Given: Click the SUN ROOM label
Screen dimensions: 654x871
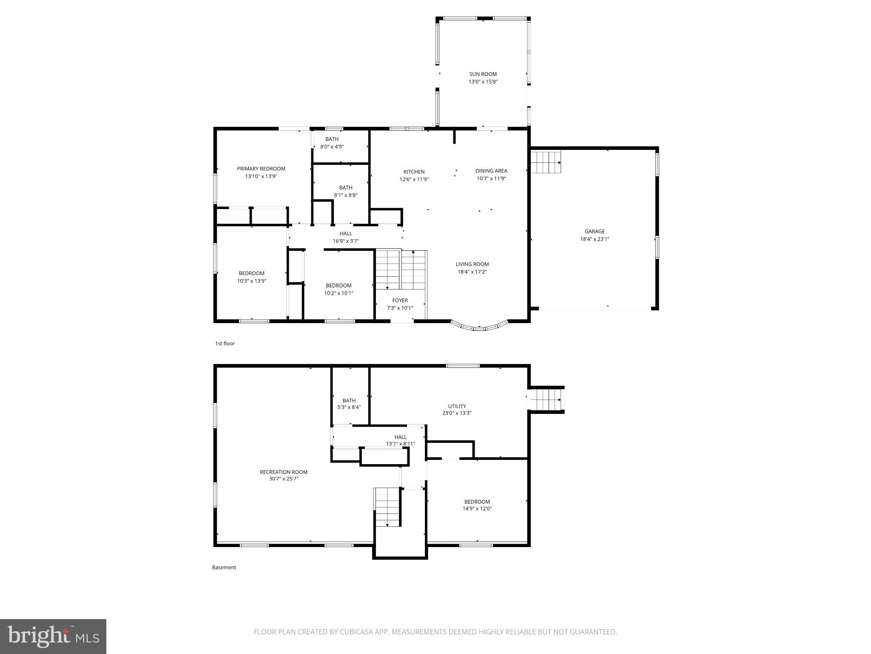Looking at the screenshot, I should tap(483, 74).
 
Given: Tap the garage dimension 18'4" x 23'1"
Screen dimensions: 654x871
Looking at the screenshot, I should tap(595, 239).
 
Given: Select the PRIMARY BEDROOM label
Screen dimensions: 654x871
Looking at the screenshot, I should tap(261, 169).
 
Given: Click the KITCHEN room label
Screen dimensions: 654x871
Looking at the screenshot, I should tap(414, 172).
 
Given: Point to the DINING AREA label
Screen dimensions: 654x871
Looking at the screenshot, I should tap(491, 171).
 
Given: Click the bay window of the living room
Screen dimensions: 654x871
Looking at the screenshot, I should tap(479, 327).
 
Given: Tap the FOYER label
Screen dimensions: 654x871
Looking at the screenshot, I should tap(400, 300).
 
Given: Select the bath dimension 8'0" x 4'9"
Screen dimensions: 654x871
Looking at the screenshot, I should tap(332, 146).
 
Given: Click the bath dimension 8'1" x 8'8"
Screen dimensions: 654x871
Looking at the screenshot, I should tap(345, 195).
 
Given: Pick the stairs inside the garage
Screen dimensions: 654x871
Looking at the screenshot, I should tap(546, 162).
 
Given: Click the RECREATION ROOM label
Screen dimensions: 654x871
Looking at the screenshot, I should tap(283, 472).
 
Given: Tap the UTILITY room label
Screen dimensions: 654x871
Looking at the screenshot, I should tap(457, 406).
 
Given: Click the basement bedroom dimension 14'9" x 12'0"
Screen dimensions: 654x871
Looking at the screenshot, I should tap(478, 508).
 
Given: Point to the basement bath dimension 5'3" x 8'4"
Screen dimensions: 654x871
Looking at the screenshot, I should tap(349, 407).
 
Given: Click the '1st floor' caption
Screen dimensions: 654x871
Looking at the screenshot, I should tap(225, 343).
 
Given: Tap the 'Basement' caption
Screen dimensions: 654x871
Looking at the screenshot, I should tap(224, 567).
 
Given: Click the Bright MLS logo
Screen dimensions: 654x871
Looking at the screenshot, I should tap(53, 636).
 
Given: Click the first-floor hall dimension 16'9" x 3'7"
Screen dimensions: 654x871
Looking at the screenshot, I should tap(346, 241).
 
